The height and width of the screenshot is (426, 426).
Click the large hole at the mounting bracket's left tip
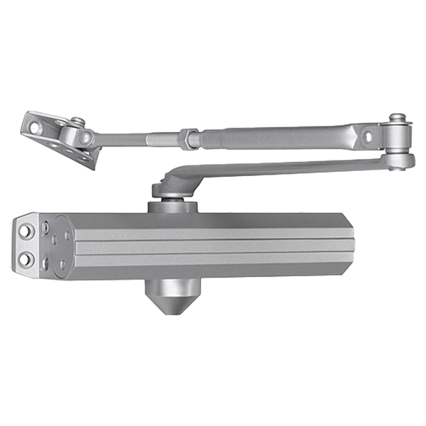34,125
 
